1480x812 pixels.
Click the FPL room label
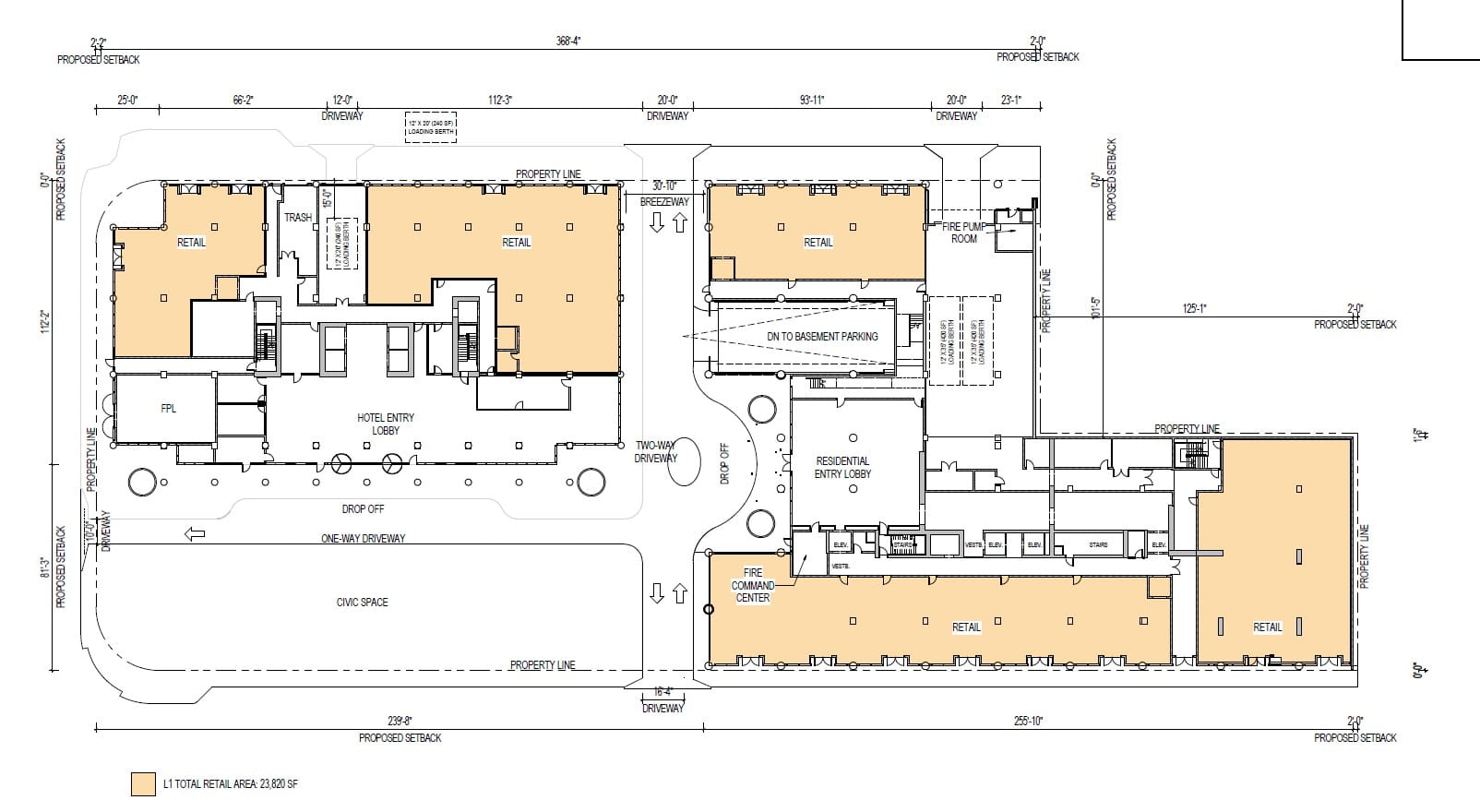pos(168,408)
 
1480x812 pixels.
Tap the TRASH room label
pos(297,218)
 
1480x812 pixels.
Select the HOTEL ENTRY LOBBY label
pos(386,424)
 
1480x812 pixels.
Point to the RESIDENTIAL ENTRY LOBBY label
pos(842,467)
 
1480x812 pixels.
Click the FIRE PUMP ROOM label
pos(964,233)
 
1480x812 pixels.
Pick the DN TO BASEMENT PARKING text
pos(822,337)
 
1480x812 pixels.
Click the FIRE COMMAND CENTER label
pos(752,585)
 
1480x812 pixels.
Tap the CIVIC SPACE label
pos(362,603)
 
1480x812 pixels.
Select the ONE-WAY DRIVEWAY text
pos(363,538)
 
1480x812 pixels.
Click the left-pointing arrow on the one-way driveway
pos(195,533)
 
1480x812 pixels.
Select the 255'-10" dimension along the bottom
pos(1026,722)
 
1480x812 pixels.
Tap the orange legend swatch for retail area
pos(143,784)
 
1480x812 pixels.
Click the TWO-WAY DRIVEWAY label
pos(656,451)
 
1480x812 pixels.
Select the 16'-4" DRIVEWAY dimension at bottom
pos(662,699)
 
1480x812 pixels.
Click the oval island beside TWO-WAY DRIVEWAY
pos(684,463)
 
